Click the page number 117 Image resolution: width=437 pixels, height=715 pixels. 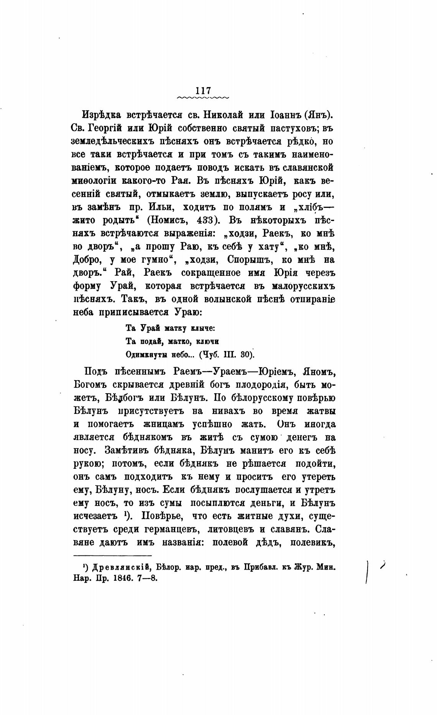point(203,91)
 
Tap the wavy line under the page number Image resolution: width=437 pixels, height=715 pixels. point(203,98)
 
